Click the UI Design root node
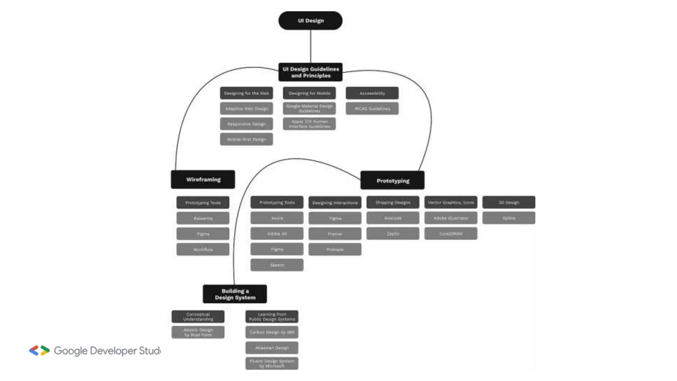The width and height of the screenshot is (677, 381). pos(310,21)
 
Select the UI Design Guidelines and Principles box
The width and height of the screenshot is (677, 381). pos(310,72)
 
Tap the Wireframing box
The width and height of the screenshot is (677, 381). pos(203,179)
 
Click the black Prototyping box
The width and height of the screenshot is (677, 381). pos(392,181)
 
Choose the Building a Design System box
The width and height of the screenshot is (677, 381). pos(235,294)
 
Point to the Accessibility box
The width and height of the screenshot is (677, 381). pos(372,93)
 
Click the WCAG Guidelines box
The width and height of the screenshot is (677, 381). pos(372,108)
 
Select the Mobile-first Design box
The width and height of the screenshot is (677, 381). pos(246,139)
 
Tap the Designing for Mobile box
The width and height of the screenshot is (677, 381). pos(309,93)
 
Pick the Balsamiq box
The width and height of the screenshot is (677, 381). pos(203,218)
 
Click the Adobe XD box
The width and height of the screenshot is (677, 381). pos(277,233)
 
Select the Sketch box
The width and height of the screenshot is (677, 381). pos(277,265)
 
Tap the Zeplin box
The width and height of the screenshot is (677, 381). pos(393,233)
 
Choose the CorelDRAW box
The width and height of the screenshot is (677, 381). pos(451,233)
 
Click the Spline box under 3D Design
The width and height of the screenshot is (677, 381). pos(508,218)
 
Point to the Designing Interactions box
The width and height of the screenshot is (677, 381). pos(335,202)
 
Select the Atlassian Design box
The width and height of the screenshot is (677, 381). pos(272,348)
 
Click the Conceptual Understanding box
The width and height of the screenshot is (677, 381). pos(198,317)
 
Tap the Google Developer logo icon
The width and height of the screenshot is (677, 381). pos(39,351)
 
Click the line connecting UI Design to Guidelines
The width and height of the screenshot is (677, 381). pos(310,46)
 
